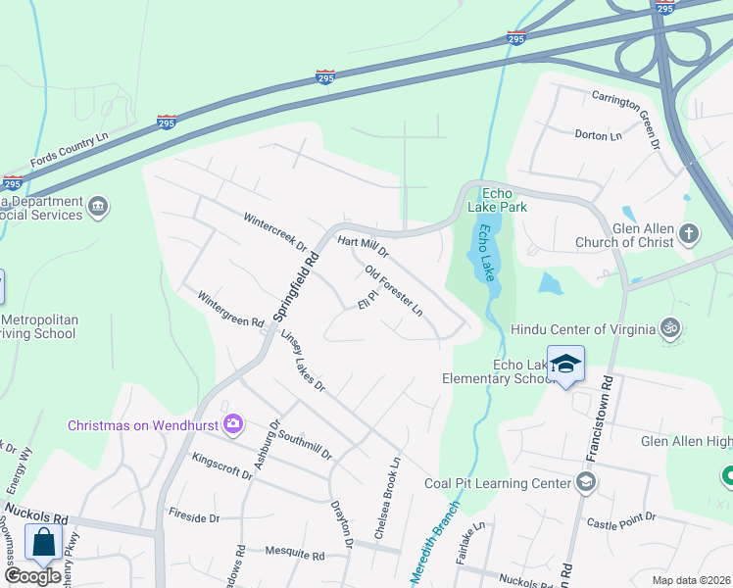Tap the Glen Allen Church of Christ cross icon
[690, 234]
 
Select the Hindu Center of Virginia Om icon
[670, 327]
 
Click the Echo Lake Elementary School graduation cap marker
[565, 365]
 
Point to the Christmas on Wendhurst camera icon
[232, 423]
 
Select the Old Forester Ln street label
[393, 291]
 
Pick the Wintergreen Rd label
[231, 309]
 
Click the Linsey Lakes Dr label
[302, 360]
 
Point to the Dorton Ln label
[599, 135]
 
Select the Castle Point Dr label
[614, 524]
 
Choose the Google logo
[32, 576]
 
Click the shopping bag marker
[44, 541]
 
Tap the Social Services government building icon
[98, 207]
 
